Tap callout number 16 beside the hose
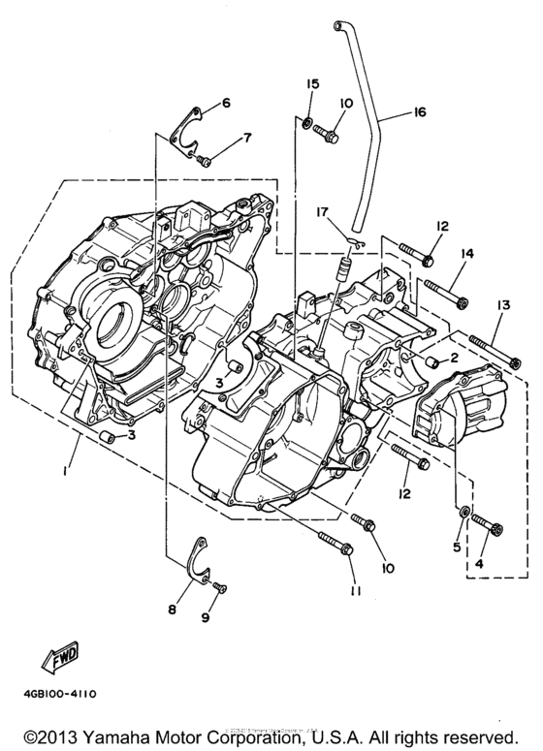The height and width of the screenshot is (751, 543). pyautogui.click(x=420, y=113)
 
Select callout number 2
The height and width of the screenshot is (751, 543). pyautogui.click(x=452, y=359)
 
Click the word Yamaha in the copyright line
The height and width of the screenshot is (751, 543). pyautogui.click(x=117, y=735)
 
